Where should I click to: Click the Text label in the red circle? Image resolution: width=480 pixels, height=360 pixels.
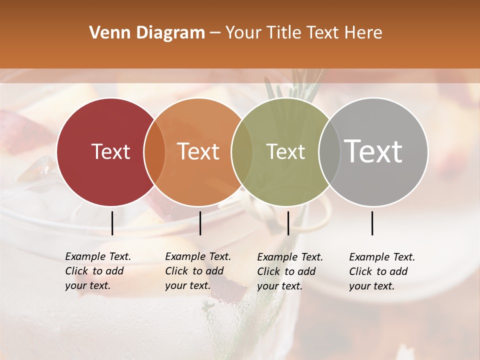[110, 151]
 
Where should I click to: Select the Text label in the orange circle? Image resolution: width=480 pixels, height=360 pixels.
[198, 151]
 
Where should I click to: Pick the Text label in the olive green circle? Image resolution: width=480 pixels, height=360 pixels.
[285, 151]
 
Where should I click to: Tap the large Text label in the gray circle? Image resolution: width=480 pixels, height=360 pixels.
[373, 151]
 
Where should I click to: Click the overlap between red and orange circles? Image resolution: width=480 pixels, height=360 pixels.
[154, 152]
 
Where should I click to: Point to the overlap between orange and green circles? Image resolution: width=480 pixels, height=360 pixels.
[242, 152]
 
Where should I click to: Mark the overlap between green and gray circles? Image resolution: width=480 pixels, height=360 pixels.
[329, 152]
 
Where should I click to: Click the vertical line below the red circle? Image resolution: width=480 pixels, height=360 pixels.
[112, 223]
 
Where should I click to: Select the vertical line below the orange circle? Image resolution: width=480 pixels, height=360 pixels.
[200, 223]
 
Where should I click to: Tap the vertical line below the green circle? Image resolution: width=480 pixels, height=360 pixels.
[288, 223]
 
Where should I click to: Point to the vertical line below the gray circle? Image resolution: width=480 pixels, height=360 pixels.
[372, 223]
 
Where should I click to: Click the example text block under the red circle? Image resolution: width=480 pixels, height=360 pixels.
[98, 271]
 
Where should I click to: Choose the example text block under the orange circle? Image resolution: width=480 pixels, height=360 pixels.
[198, 271]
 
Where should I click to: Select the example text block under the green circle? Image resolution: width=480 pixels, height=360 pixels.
[290, 271]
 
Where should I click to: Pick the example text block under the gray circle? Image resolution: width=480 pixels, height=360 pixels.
[382, 271]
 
